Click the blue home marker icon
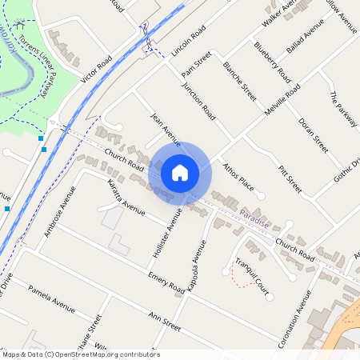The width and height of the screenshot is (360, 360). pyautogui.click(x=180, y=172)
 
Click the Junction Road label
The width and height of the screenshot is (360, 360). pyautogui.click(x=198, y=102)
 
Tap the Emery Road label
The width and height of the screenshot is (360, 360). pyautogui.click(x=166, y=283)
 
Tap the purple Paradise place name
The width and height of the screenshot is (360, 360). pyautogui.click(x=254, y=218)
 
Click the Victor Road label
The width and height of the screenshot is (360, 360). pyautogui.click(x=94, y=73)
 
